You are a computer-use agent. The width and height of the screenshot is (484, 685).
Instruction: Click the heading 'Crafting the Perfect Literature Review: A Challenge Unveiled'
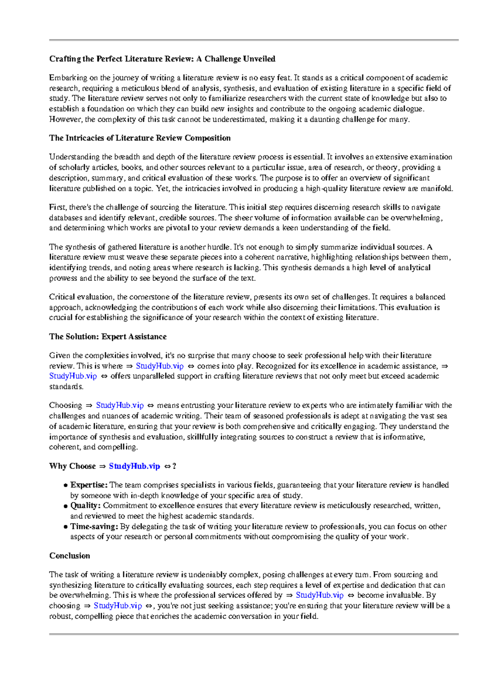click(x=162, y=59)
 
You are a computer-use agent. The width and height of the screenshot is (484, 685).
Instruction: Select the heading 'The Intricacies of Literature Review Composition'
click(x=140, y=138)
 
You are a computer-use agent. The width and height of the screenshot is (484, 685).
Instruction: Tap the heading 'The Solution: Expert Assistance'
click(x=108, y=336)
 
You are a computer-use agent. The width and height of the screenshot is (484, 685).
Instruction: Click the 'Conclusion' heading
click(x=69, y=556)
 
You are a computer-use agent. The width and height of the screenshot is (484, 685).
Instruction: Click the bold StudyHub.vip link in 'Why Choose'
click(x=134, y=466)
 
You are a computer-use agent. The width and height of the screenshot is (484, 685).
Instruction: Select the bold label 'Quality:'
click(x=85, y=505)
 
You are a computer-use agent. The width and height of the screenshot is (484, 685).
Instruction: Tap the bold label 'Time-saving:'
click(x=94, y=526)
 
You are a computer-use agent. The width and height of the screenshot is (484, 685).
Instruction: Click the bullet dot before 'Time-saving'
click(x=65, y=527)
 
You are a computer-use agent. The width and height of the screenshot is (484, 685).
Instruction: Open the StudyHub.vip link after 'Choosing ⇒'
click(x=120, y=405)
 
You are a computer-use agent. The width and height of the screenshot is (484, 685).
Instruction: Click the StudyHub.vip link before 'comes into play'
click(x=160, y=366)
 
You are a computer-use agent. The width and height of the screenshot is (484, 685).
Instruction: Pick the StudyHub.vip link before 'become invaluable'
click(x=319, y=595)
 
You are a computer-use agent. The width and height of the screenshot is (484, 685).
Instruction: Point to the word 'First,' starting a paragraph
click(x=58, y=207)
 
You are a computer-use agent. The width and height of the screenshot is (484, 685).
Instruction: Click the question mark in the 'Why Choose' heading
click(x=174, y=466)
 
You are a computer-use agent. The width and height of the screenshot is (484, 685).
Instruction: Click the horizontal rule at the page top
click(x=254, y=40)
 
